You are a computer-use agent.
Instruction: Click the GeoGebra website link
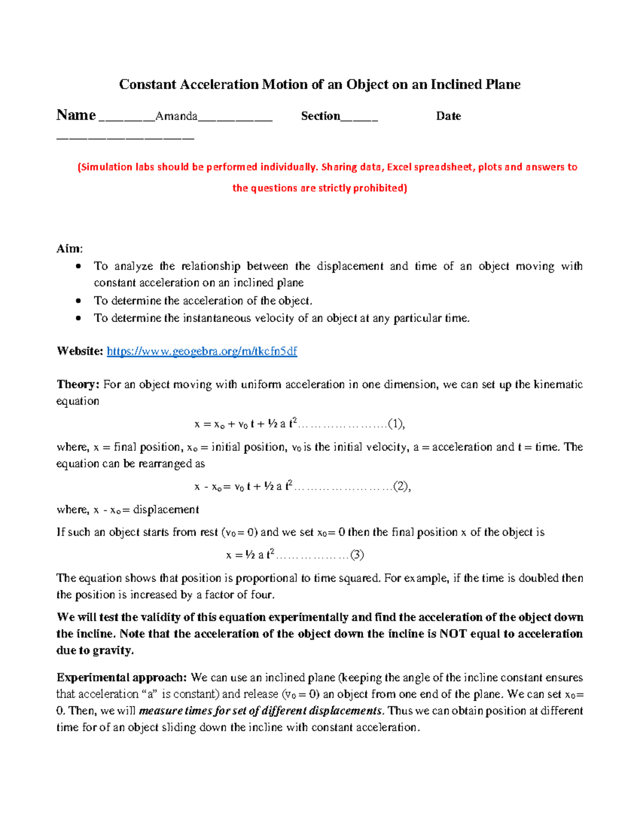coord(202,351)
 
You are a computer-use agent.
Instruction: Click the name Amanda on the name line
coord(176,116)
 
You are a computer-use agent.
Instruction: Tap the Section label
coord(320,116)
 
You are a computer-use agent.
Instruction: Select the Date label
coord(448,116)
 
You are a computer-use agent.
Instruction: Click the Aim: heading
coord(69,249)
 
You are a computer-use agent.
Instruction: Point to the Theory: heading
coord(78,384)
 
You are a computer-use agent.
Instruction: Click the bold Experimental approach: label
coord(122,677)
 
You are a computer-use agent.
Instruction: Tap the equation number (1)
coord(396,424)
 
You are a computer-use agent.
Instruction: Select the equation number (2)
coord(401,486)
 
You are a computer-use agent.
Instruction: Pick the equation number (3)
coord(356,555)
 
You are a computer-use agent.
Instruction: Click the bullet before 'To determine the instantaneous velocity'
coord(79,318)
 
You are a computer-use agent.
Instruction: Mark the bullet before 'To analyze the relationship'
coord(79,266)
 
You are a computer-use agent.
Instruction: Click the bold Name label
coord(76,115)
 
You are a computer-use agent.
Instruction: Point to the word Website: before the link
coord(79,351)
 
